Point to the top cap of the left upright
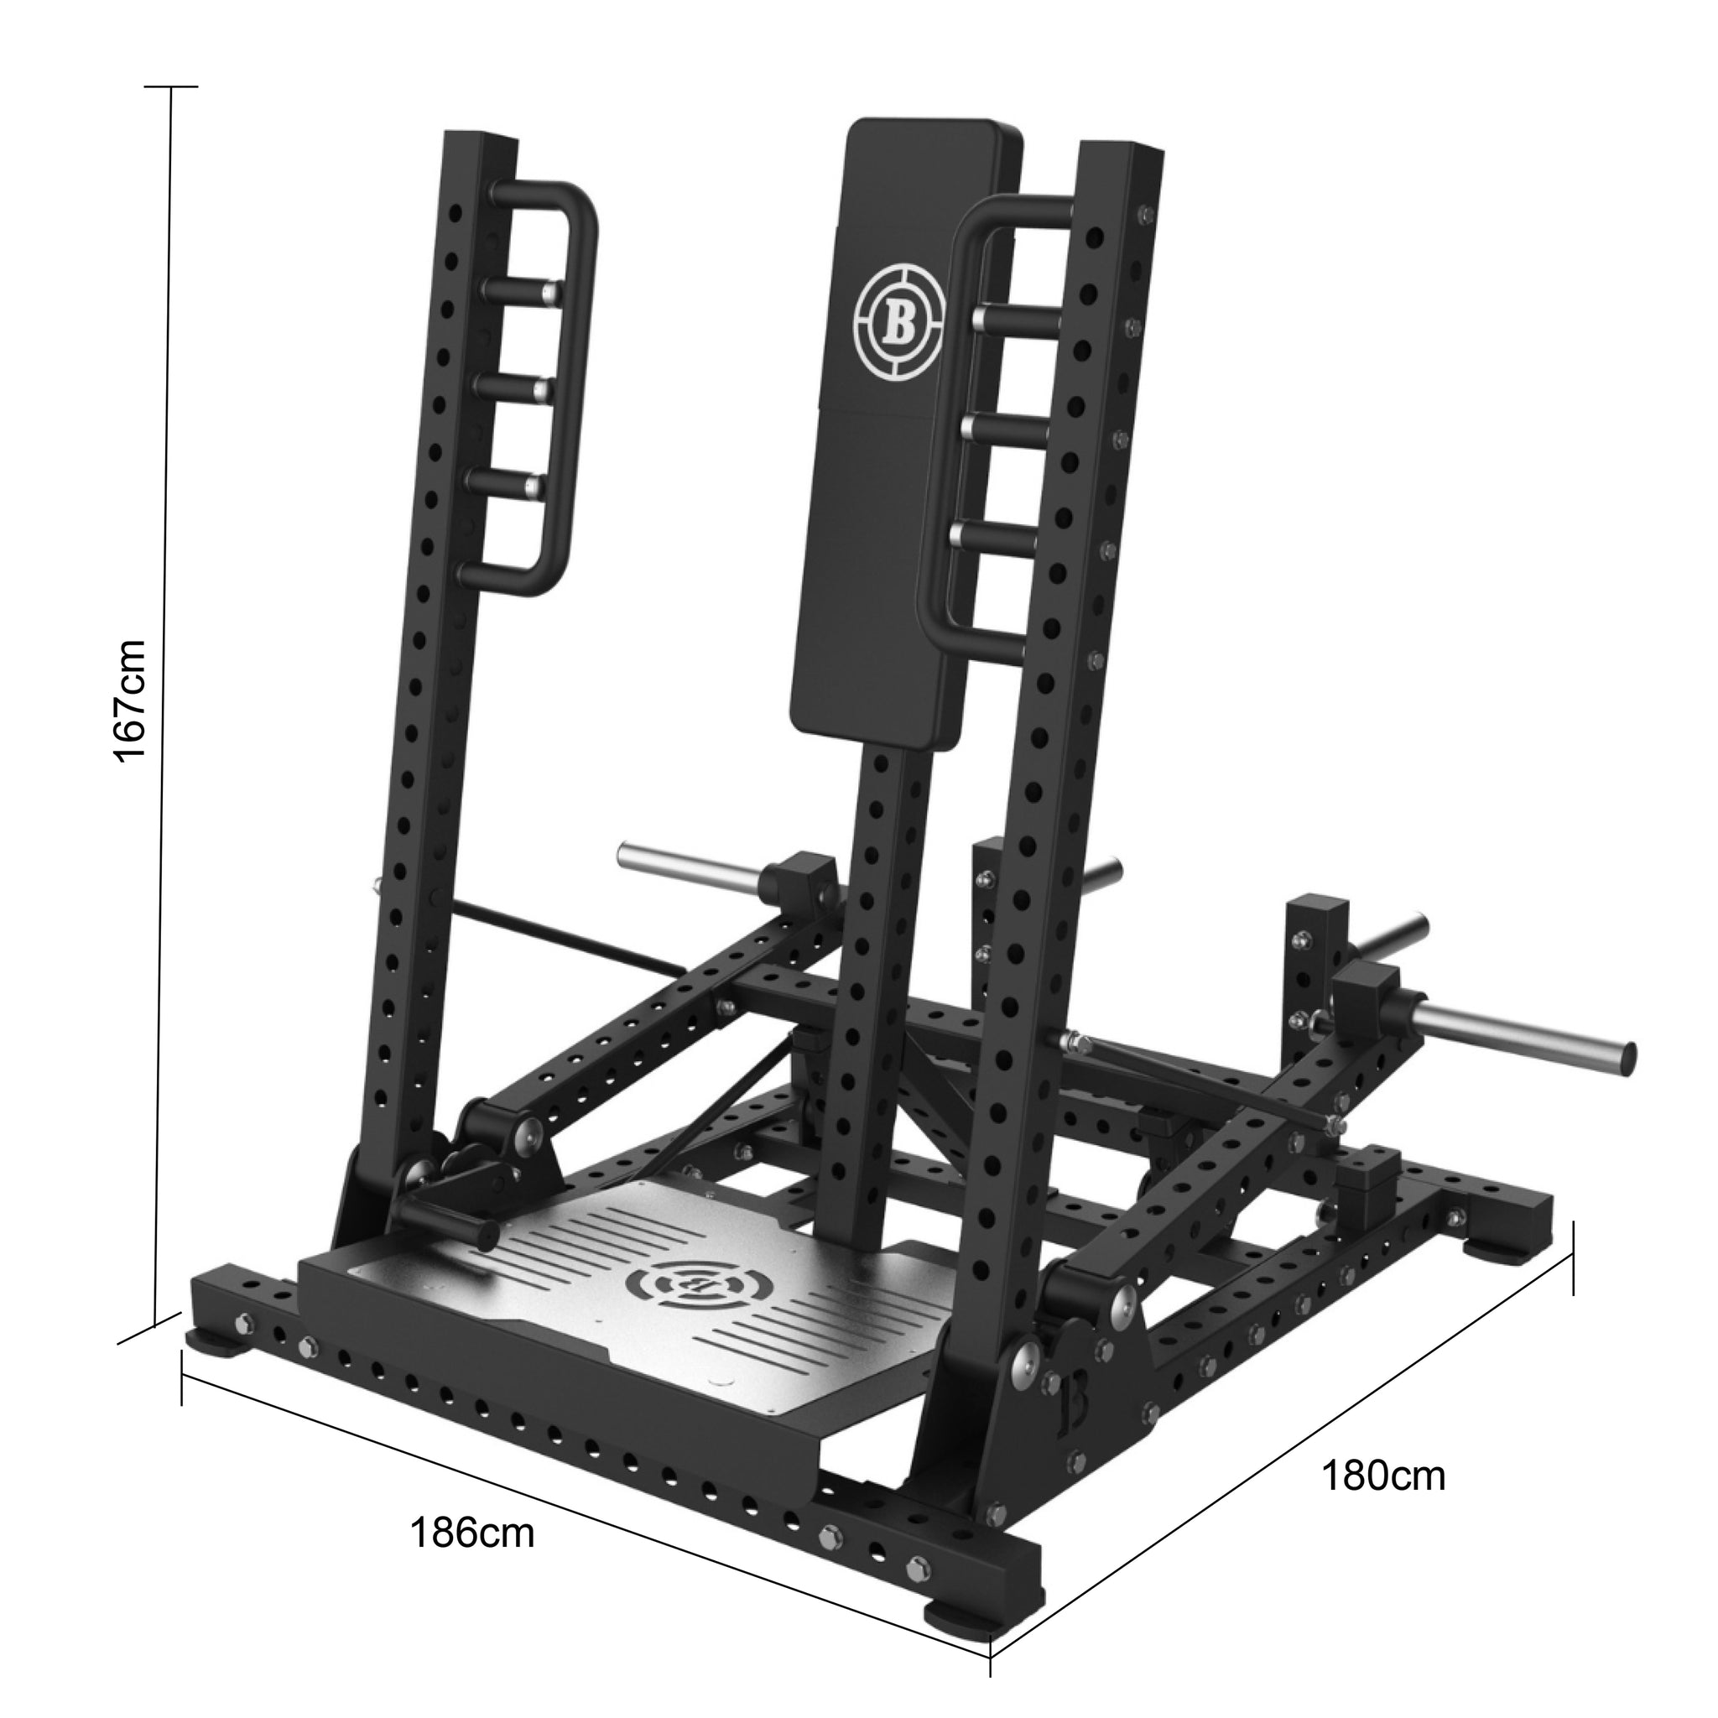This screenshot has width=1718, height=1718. pos(481,140)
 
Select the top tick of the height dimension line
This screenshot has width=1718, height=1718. pos(171,87)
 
